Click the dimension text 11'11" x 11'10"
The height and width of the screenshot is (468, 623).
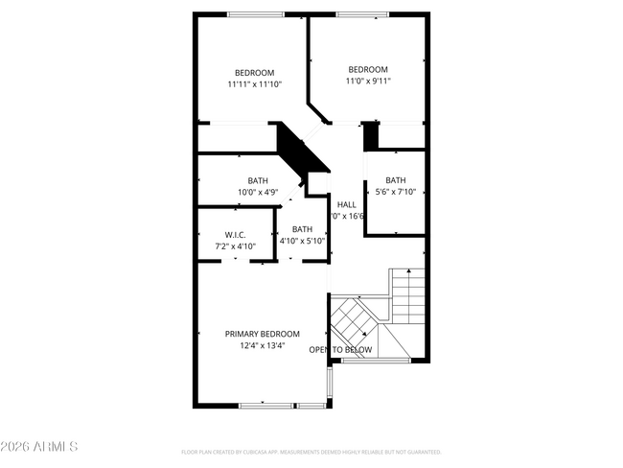(254, 85)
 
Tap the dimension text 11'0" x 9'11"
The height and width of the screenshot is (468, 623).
(367, 82)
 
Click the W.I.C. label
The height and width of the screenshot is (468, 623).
(235, 235)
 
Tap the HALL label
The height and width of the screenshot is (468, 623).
(346, 204)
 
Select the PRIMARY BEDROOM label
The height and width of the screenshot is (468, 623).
(262, 334)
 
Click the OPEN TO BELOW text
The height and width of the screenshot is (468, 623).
(340, 350)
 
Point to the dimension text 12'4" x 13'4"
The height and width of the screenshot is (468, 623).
(262, 346)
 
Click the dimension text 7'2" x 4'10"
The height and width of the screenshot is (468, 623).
(235, 246)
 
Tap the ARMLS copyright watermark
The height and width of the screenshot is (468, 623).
(39, 447)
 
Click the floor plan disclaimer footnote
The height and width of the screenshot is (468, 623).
(311, 451)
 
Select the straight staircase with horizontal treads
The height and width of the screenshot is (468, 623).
(407, 298)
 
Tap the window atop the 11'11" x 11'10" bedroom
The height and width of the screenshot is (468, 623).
(255, 14)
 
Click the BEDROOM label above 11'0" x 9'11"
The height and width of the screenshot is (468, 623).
(367, 69)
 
